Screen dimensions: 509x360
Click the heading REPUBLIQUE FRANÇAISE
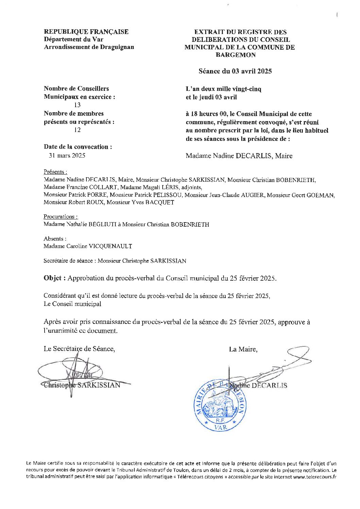tap(86, 32)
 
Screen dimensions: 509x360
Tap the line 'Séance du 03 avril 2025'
tap(235, 71)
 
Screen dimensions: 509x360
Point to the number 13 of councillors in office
tap(77, 105)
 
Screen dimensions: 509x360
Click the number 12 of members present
tap(77, 130)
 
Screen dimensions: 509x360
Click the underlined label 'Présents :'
tap(55, 172)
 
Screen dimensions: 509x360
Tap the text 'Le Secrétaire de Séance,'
tap(79, 349)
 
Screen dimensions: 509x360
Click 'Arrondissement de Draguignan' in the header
tap(89, 47)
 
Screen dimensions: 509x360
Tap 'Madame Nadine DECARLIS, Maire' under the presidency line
tap(239, 156)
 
